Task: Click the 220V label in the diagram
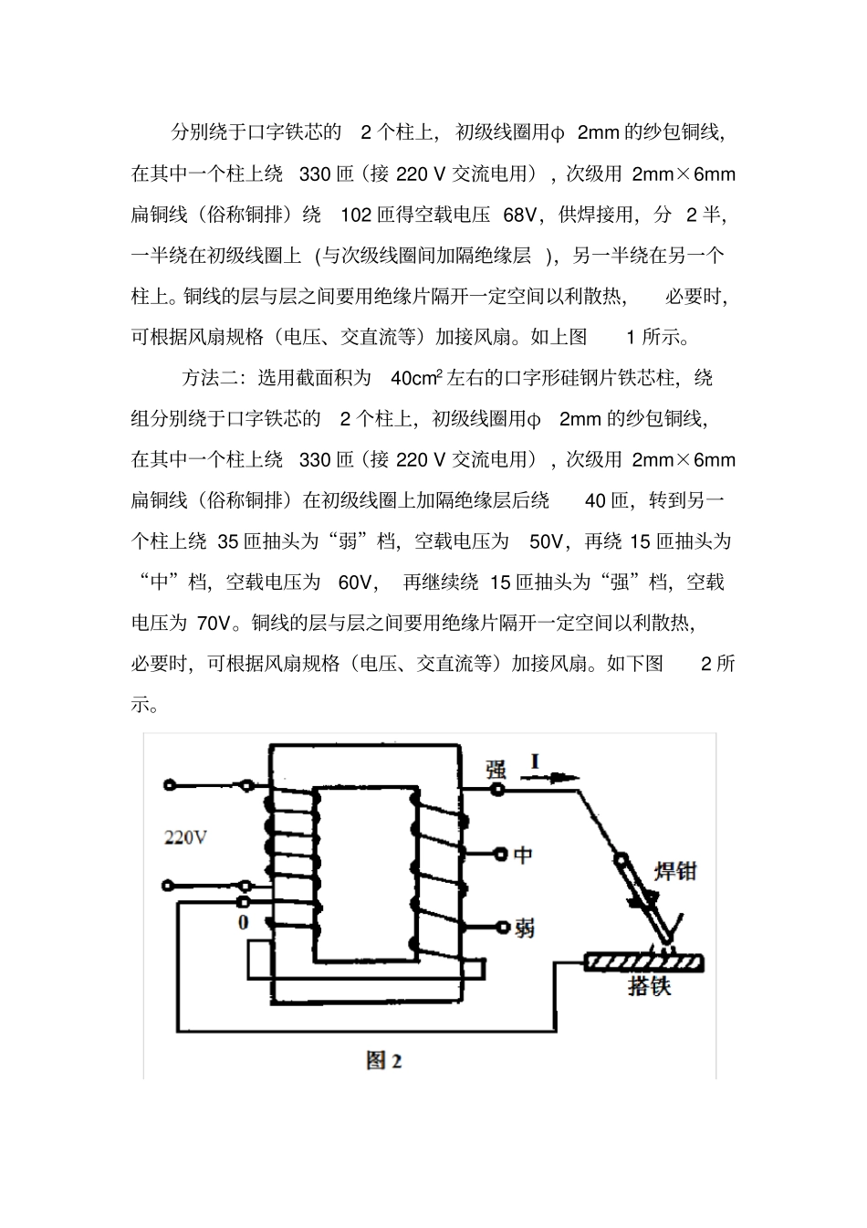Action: click(x=185, y=837)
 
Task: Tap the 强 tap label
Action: click(x=496, y=770)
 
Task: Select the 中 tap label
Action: click(x=523, y=855)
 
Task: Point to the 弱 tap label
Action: click(x=525, y=929)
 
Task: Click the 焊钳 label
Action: click(x=675, y=871)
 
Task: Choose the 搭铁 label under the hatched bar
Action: click(x=650, y=986)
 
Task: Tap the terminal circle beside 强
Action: click(x=497, y=790)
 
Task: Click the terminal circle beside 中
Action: click(x=501, y=854)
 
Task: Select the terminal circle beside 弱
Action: click(x=503, y=927)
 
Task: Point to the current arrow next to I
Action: click(x=549, y=777)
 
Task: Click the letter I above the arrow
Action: click(x=535, y=761)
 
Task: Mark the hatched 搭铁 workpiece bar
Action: click(x=643, y=962)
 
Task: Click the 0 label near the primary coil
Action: click(x=244, y=923)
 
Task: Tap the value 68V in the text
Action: click(x=519, y=215)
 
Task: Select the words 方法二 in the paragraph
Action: click(x=211, y=378)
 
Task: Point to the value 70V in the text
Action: click(x=214, y=624)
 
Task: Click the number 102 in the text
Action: click(x=356, y=215)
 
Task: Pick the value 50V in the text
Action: click(x=546, y=541)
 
